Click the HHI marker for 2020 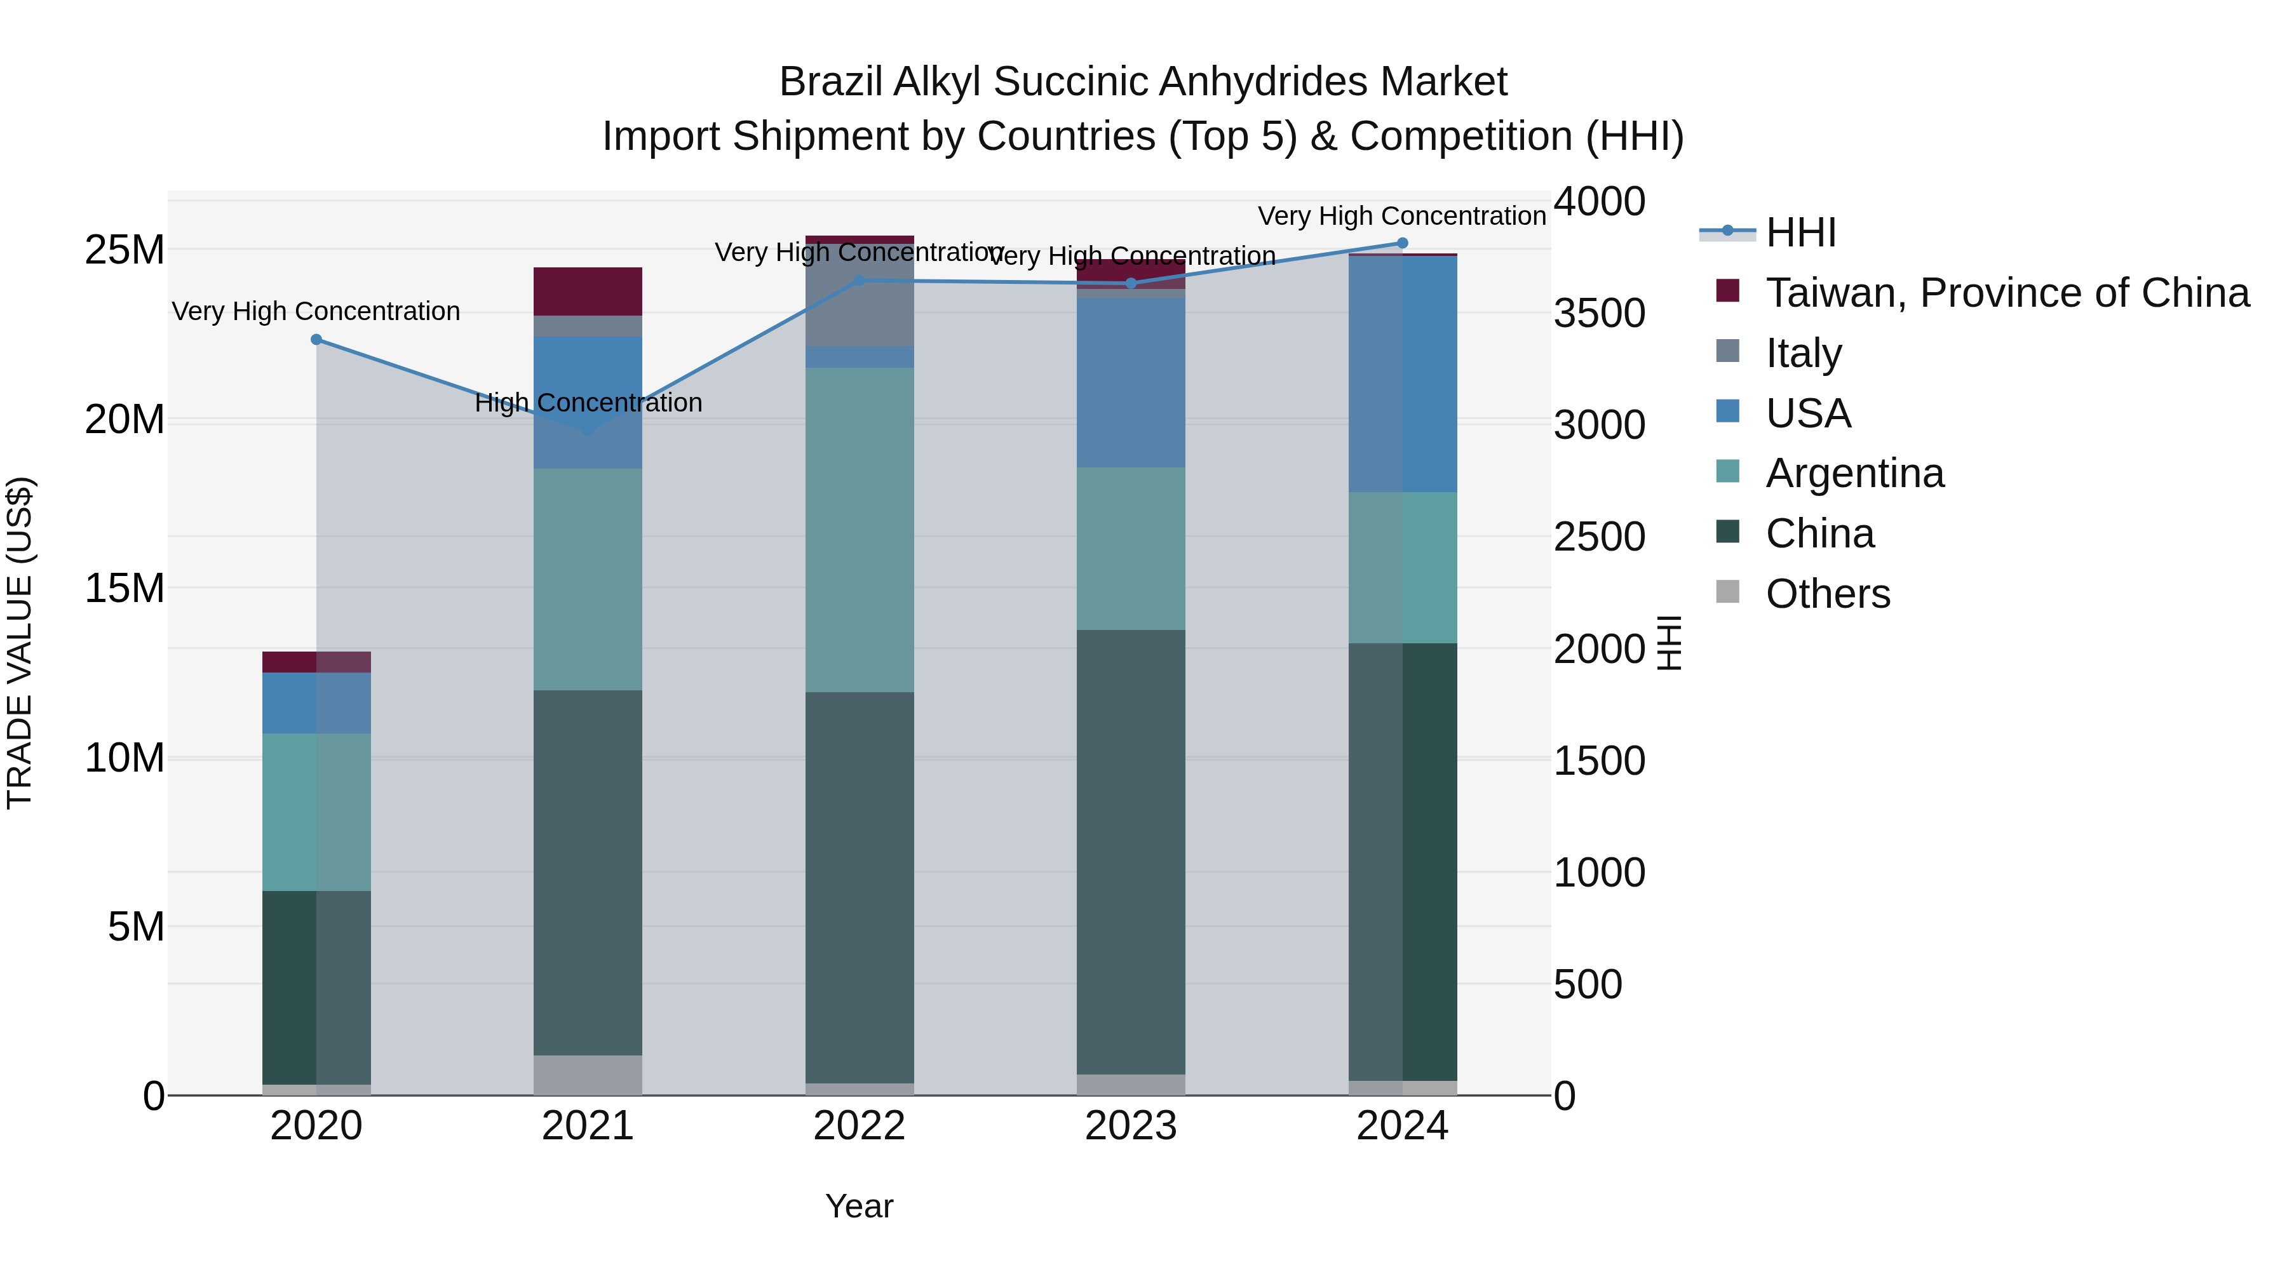[316, 340]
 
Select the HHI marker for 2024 [1402, 243]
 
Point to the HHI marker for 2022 [858, 281]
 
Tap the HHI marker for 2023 [1130, 284]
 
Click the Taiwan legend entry [2006, 293]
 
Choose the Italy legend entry [1802, 353]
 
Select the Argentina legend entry [1854, 473]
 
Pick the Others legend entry [1827, 594]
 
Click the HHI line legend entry [1800, 232]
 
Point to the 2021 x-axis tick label [588, 1126]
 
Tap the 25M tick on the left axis [125, 250]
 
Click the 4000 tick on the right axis [1599, 201]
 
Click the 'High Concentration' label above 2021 [588, 403]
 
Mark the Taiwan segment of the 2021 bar [588, 291]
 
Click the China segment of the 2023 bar [1130, 852]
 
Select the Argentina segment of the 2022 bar [858, 530]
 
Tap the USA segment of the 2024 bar [1402, 373]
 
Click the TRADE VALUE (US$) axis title [20, 643]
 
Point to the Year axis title [858, 1206]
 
